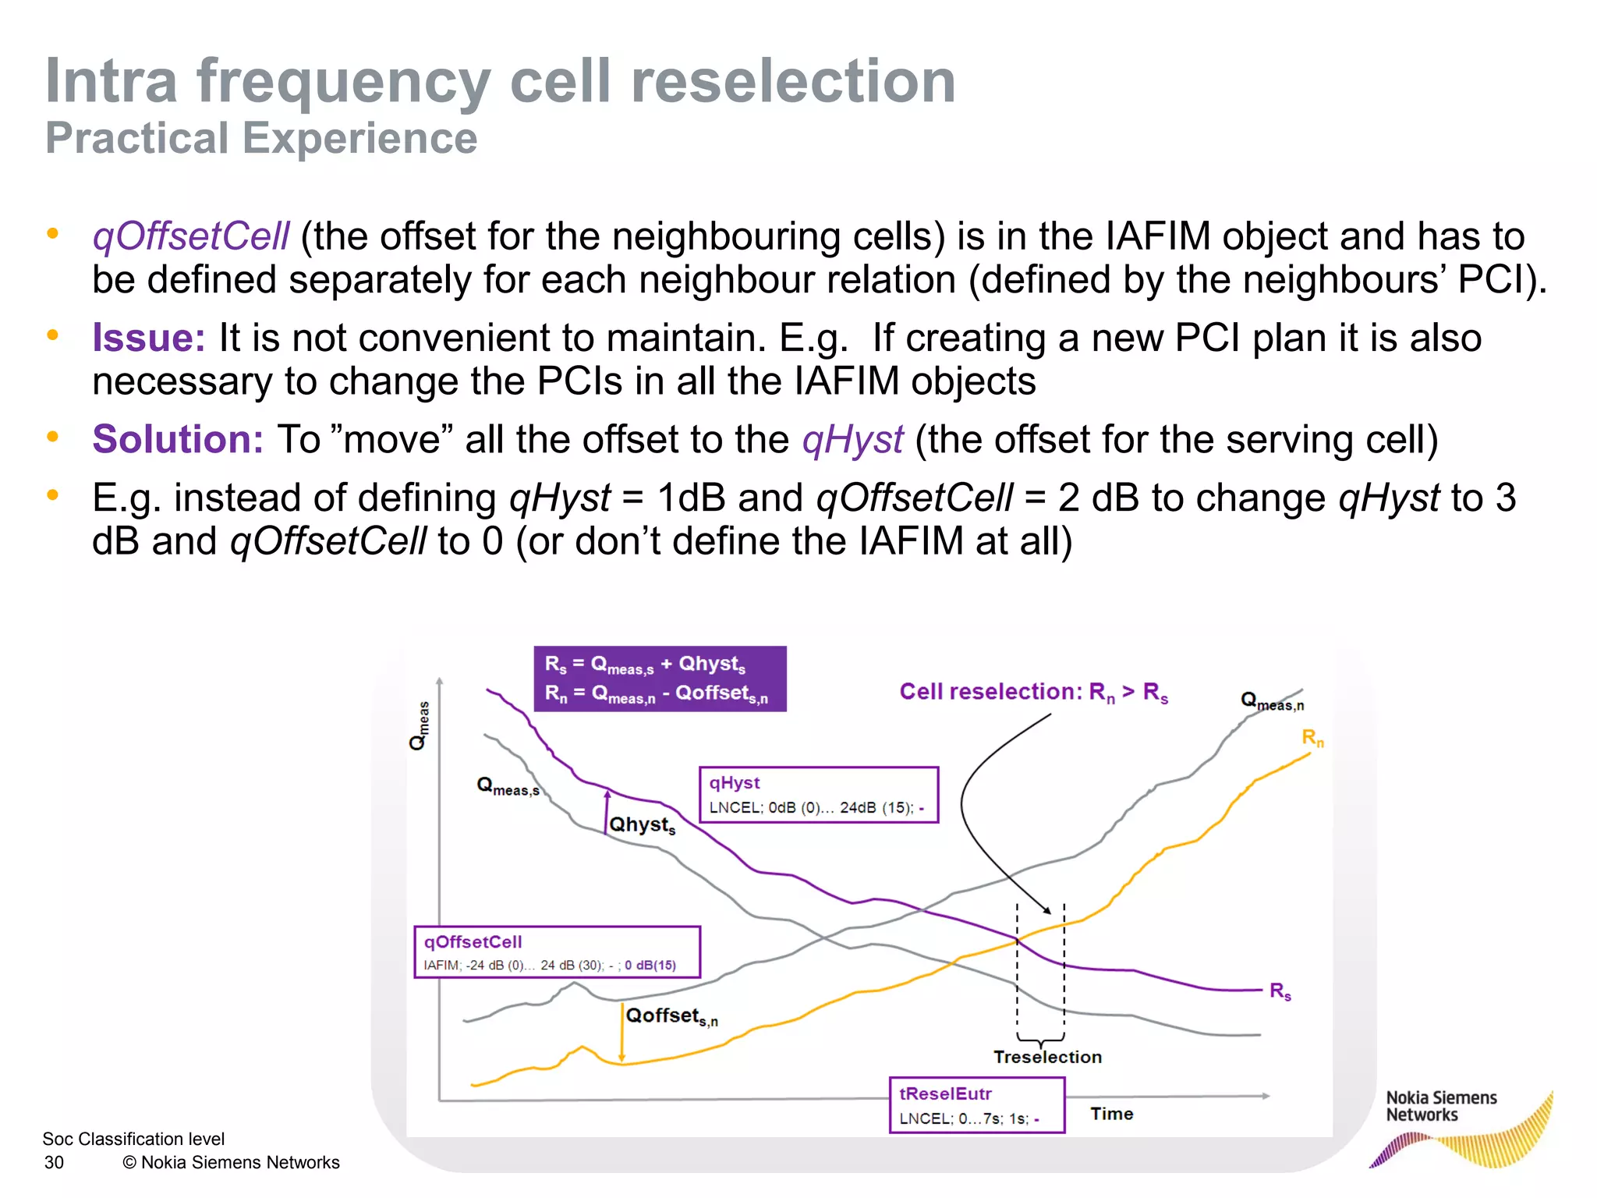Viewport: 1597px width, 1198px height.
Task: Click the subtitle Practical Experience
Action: [x=261, y=138]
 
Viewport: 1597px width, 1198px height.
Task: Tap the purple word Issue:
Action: [x=148, y=338]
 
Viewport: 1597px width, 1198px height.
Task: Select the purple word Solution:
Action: [x=178, y=438]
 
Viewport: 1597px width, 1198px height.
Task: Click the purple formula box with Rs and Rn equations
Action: [x=660, y=679]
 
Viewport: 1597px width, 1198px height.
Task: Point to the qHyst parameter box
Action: [x=818, y=795]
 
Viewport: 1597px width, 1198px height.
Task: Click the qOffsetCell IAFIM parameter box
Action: [x=557, y=952]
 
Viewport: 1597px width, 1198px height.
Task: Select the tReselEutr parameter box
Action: [x=976, y=1104]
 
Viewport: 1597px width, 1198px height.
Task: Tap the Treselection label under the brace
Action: [x=1047, y=1057]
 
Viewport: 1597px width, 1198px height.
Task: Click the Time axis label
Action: [x=1111, y=1114]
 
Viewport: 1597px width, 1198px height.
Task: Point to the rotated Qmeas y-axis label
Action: [x=420, y=725]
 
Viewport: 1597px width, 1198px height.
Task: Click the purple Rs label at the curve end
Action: [x=1280, y=991]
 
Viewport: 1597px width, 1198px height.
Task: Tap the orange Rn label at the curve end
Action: [x=1312, y=737]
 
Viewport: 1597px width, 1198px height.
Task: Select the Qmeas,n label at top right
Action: [x=1271, y=701]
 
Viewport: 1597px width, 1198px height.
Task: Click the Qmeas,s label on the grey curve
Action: [x=508, y=786]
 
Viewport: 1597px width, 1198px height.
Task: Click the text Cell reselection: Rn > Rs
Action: [x=1033, y=692]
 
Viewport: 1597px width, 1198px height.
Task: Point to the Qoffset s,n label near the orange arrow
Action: [x=671, y=1015]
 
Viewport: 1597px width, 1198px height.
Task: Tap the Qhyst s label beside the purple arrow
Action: [x=642, y=825]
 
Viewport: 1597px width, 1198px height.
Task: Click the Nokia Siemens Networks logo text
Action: [x=1440, y=1106]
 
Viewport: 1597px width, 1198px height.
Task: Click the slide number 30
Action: [x=54, y=1162]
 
